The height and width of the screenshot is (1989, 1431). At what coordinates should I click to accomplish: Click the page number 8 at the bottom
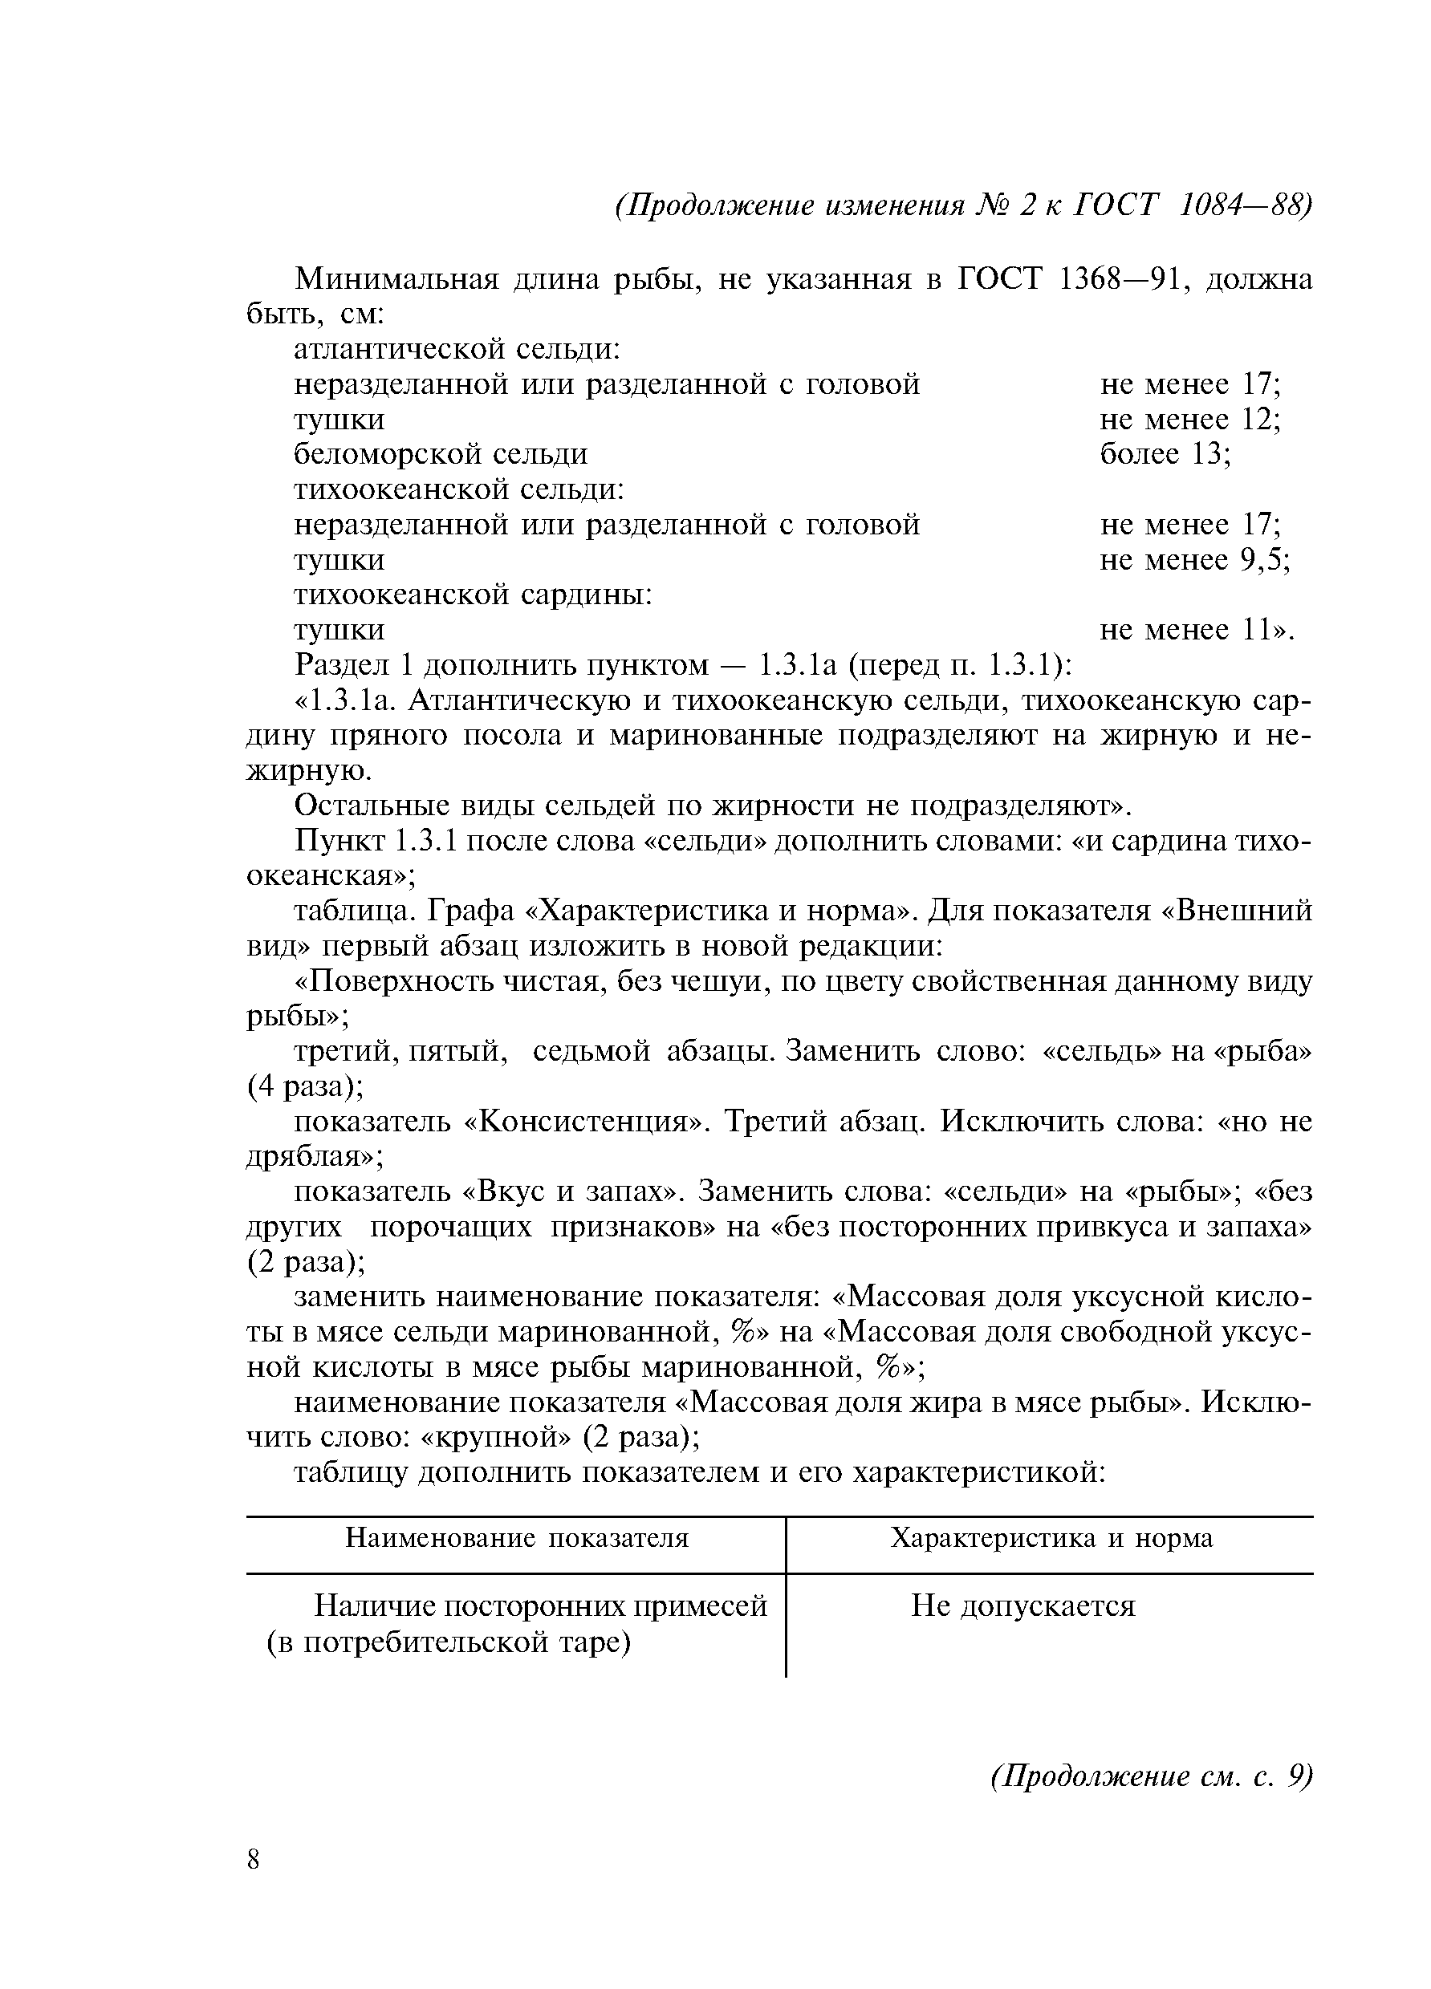coord(254,1861)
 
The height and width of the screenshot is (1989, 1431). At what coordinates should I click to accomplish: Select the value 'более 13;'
coord(1165,453)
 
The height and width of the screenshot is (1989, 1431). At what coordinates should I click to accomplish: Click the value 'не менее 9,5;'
coord(1194,558)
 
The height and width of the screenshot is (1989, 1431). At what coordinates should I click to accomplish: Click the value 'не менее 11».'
coord(1197,630)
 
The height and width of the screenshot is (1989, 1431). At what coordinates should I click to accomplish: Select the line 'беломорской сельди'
coord(441,453)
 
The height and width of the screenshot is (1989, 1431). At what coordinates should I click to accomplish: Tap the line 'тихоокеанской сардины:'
coord(473,595)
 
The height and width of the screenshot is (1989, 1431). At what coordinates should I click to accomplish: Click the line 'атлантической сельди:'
coord(457,349)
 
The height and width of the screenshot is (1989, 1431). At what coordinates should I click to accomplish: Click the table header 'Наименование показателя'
coord(517,1537)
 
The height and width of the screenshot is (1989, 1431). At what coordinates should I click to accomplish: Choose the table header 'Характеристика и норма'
coord(1051,1537)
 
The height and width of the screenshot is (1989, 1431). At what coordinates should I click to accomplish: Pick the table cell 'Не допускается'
coord(1023,1605)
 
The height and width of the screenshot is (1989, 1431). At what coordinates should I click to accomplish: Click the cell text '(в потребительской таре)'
coord(449,1641)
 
